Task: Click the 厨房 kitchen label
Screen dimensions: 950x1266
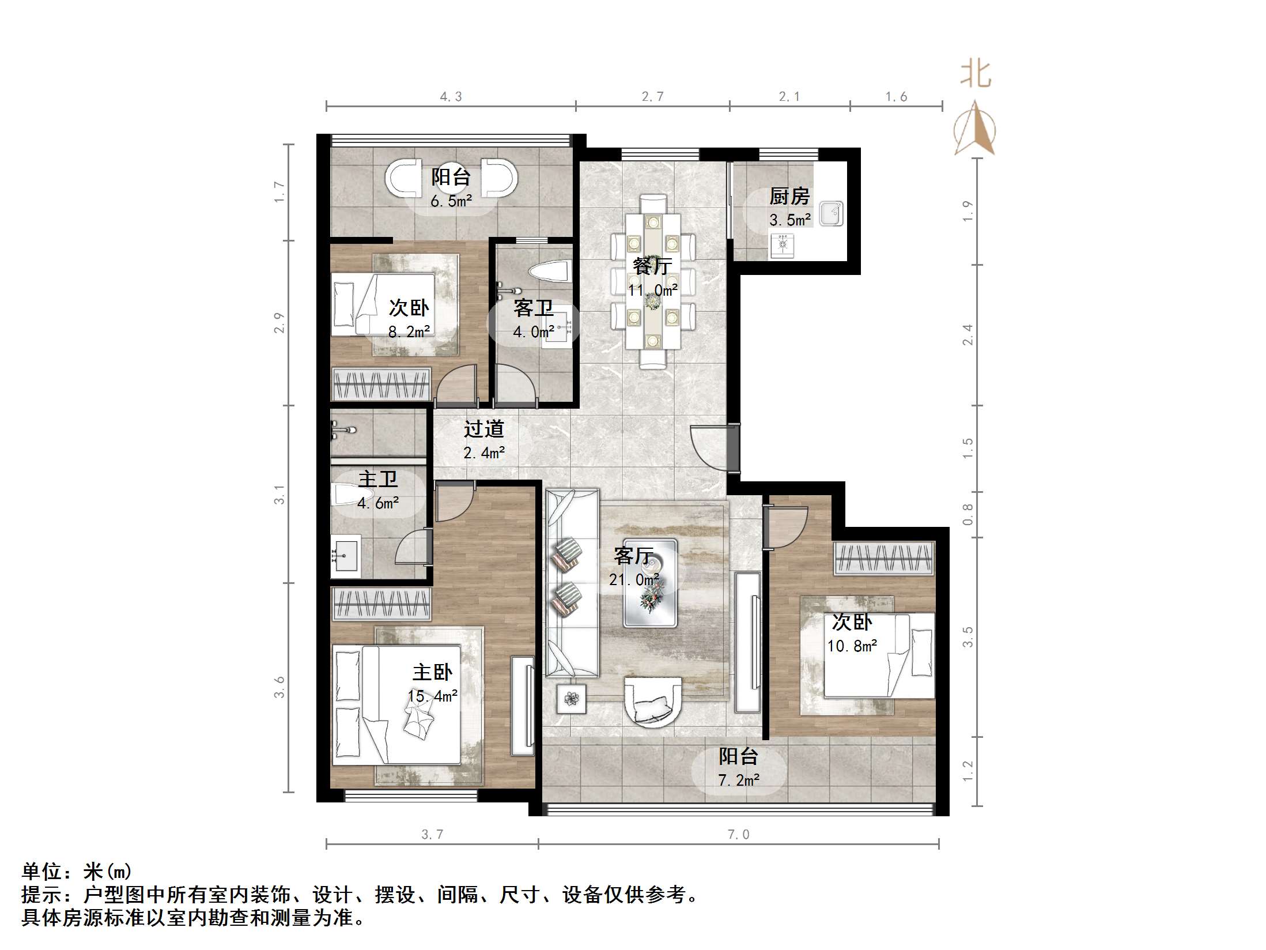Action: point(789,197)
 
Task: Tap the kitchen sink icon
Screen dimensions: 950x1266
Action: point(831,213)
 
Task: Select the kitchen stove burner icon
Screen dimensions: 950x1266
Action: point(783,244)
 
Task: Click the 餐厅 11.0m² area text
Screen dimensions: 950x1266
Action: point(652,290)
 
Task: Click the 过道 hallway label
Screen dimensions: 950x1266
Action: point(483,428)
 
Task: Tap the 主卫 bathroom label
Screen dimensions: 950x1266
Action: point(377,479)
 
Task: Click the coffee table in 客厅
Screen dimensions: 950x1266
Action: point(650,583)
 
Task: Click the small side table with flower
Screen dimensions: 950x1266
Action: point(571,699)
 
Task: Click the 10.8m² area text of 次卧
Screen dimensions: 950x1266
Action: point(852,646)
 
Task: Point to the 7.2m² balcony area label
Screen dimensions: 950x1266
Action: point(739,781)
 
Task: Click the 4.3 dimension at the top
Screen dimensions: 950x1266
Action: point(451,97)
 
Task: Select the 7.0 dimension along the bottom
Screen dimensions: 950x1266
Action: point(738,834)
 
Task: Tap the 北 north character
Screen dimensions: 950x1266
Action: point(975,75)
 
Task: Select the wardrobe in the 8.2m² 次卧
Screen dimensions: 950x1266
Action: point(381,383)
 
